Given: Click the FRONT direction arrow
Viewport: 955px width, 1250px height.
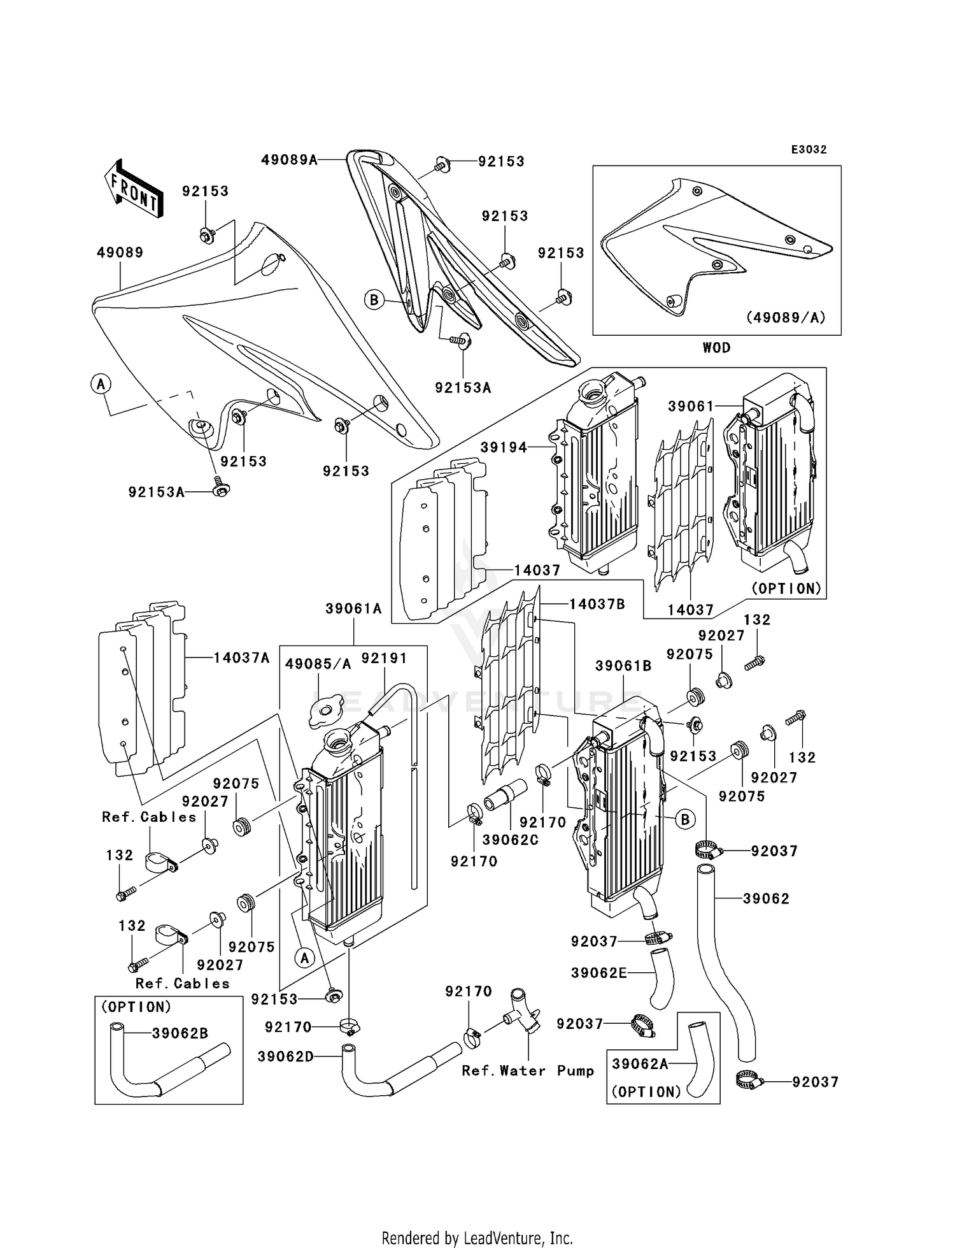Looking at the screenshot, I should pyautogui.click(x=133, y=189).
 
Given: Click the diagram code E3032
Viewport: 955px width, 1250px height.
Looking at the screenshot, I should pyautogui.click(x=809, y=150).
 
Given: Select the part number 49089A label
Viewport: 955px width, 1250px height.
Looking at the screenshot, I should pyautogui.click(x=288, y=160).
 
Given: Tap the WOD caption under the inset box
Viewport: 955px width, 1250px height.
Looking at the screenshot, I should pyautogui.click(x=716, y=348).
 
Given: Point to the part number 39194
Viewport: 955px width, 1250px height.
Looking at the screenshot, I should pyautogui.click(x=504, y=448).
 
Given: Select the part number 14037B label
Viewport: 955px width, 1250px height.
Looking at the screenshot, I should pyautogui.click(x=597, y=604).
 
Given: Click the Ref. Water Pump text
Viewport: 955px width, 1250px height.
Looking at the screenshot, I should pyautogui.click(x=528, y=1071).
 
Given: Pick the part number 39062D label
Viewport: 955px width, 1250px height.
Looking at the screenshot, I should pyautogui.click(x=286, y=1057).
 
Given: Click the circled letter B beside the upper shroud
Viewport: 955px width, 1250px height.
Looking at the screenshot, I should pyautogui.click(x=374, y=299).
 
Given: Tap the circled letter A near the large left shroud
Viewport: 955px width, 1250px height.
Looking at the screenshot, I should pyautogui.click(x=101, y=384).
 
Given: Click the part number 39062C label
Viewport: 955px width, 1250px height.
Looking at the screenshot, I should pyautogui.click(x=510, y=840).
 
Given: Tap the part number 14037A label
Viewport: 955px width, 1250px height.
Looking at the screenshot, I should pyautogui.click(x=241, y=657).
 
